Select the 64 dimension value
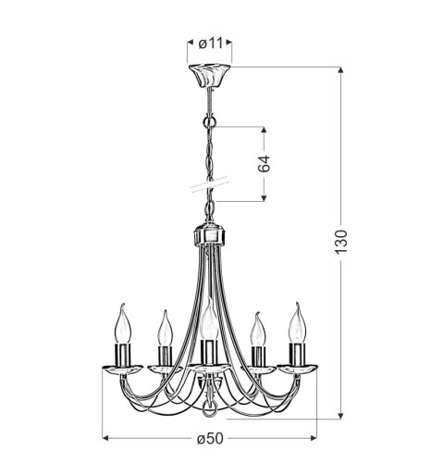point(264,165)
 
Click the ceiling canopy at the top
point(209,75)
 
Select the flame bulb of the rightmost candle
point(297,323)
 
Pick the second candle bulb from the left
point(164,328)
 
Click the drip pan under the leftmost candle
point(121,369)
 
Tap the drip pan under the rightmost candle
point(298,369)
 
